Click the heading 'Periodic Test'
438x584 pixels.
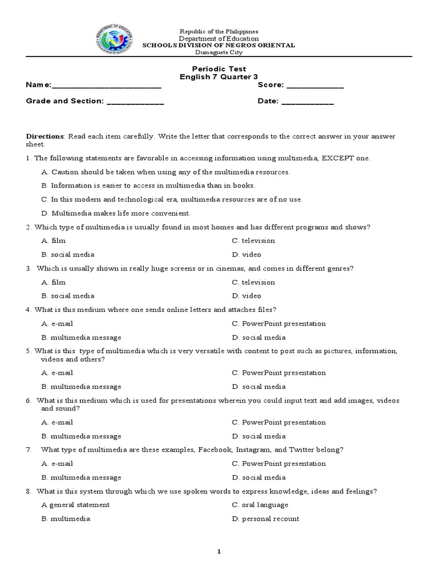[219, 68]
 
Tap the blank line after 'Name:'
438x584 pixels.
[107, 86]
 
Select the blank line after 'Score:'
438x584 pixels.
[315, 86]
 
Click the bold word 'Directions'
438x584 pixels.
[45, 137]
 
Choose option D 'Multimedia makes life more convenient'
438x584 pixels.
[116, 213]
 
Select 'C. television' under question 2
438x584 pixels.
[253, 241]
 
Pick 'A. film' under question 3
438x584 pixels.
[53, 282]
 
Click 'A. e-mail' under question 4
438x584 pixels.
[57, 323]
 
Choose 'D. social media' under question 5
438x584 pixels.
[259, 387]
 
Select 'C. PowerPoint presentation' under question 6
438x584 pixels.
[279, 423]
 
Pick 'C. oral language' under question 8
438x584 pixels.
[260, 505]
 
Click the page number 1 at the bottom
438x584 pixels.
[218, 552]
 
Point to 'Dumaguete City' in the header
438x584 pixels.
[219, 52]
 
